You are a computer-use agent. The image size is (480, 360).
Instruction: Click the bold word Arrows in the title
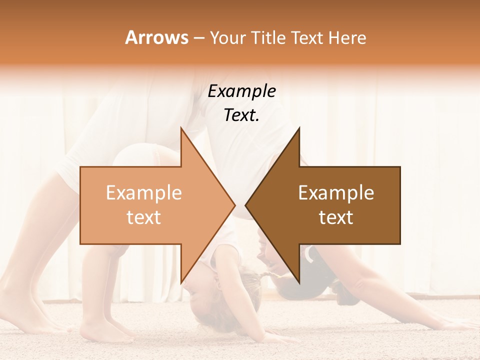[156, 37]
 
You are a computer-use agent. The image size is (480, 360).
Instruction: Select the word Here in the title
[348, 38]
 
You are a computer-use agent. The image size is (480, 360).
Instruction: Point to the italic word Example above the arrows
[241, 91]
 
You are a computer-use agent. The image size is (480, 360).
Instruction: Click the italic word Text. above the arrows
[241, 115]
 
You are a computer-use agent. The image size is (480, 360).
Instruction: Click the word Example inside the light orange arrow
[143, 193]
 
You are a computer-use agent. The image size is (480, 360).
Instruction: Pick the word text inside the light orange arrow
[143, 217]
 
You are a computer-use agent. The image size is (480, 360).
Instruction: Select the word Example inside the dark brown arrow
[336, 193]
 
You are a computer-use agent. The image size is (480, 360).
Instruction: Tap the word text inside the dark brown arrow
[336, 217]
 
